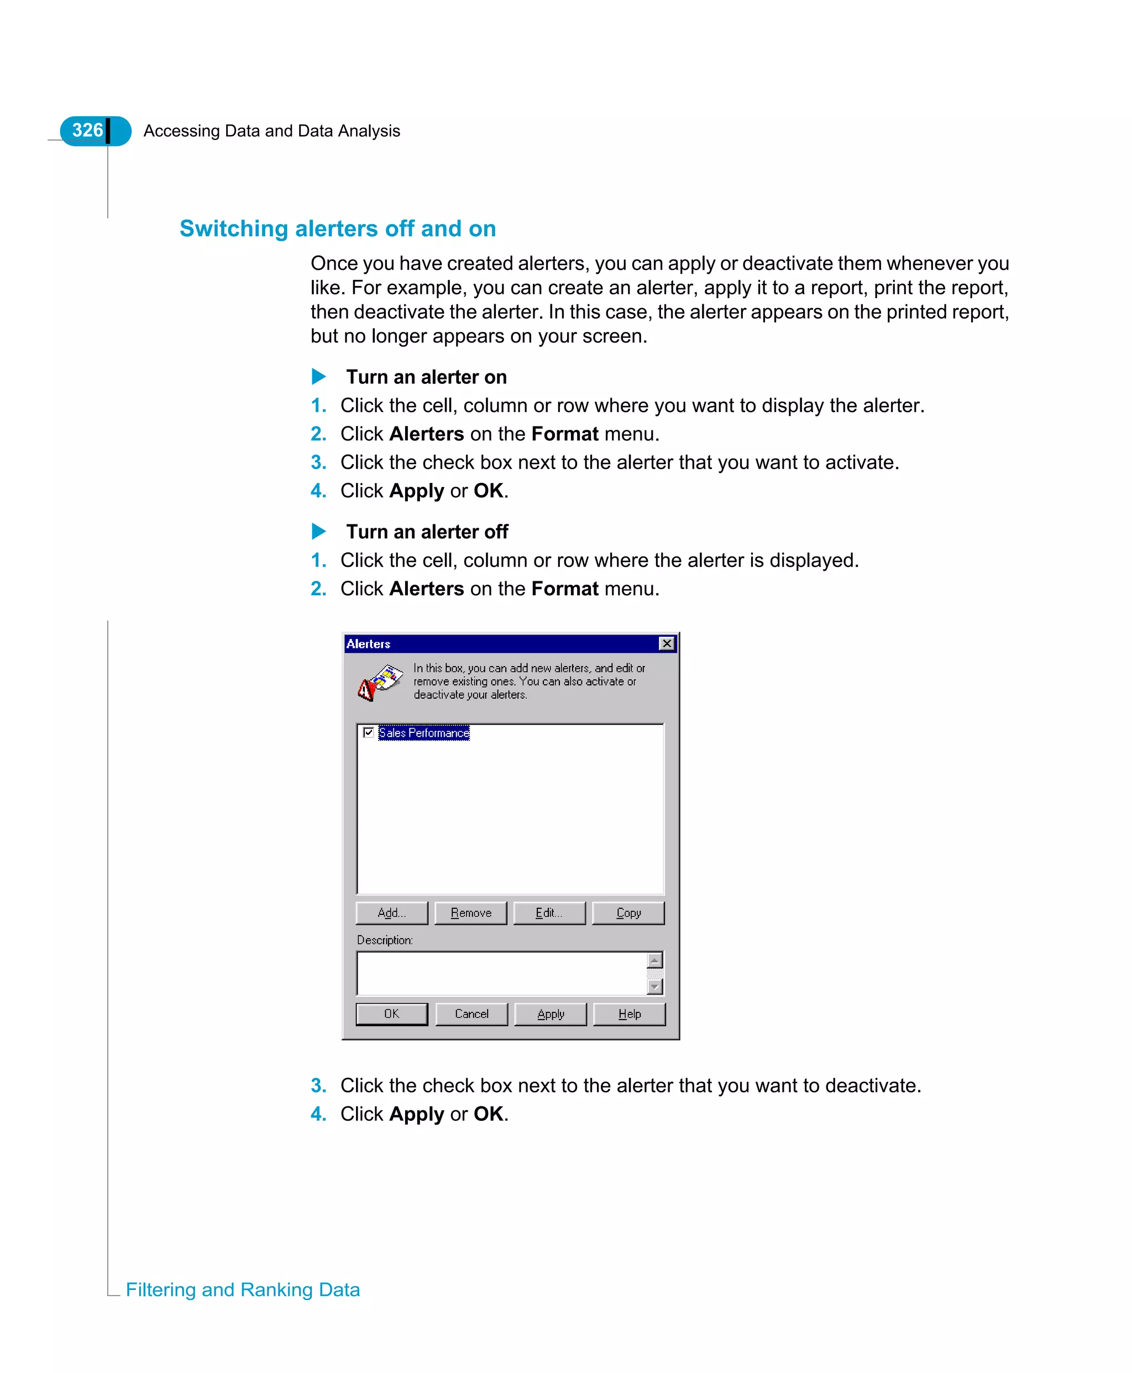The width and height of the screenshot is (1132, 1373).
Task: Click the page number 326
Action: (87, 131)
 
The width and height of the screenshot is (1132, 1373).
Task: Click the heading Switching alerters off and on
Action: (337, 228)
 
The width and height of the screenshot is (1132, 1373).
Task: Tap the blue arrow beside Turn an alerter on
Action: (318, 377)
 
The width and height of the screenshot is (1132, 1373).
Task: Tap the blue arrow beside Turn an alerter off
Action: (318, 531)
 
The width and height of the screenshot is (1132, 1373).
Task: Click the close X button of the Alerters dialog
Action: (667, 643)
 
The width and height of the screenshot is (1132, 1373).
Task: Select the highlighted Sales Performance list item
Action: (424, 733)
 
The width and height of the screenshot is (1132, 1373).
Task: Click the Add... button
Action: (391, 912)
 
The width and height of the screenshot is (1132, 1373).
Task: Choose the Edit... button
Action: (549, 912)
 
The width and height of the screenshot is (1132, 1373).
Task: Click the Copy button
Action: (628, 912)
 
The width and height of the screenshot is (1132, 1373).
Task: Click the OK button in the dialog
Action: (391, 1013)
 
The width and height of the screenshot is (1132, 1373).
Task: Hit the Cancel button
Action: (471, 1013)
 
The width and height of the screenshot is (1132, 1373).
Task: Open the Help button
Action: (629, 1013)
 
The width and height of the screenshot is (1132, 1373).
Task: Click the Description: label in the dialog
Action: (384, 940)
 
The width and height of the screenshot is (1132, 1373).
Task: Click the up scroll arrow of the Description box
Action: (654, 959)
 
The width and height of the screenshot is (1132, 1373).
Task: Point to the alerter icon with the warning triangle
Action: (380, 682)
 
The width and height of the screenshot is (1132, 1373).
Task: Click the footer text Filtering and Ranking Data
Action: (243, 1289)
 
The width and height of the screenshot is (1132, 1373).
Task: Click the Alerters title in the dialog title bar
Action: (369, 643)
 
